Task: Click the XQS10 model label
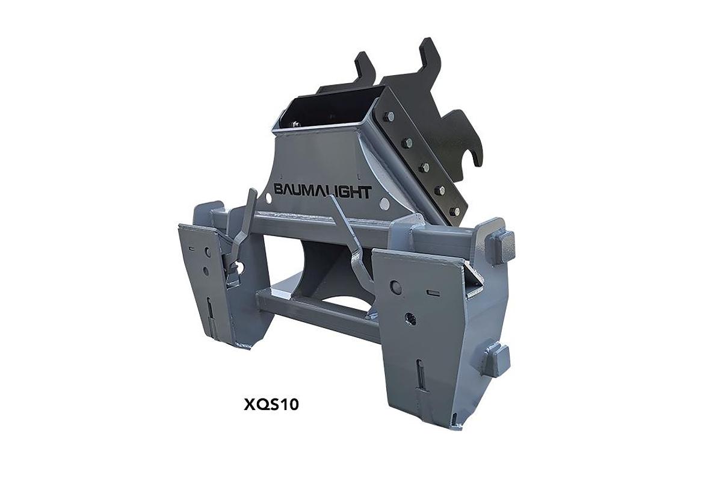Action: (x=271, y=404)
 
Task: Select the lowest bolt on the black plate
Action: (x=455, y=211)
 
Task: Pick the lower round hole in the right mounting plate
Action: (x=411, y=318)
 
